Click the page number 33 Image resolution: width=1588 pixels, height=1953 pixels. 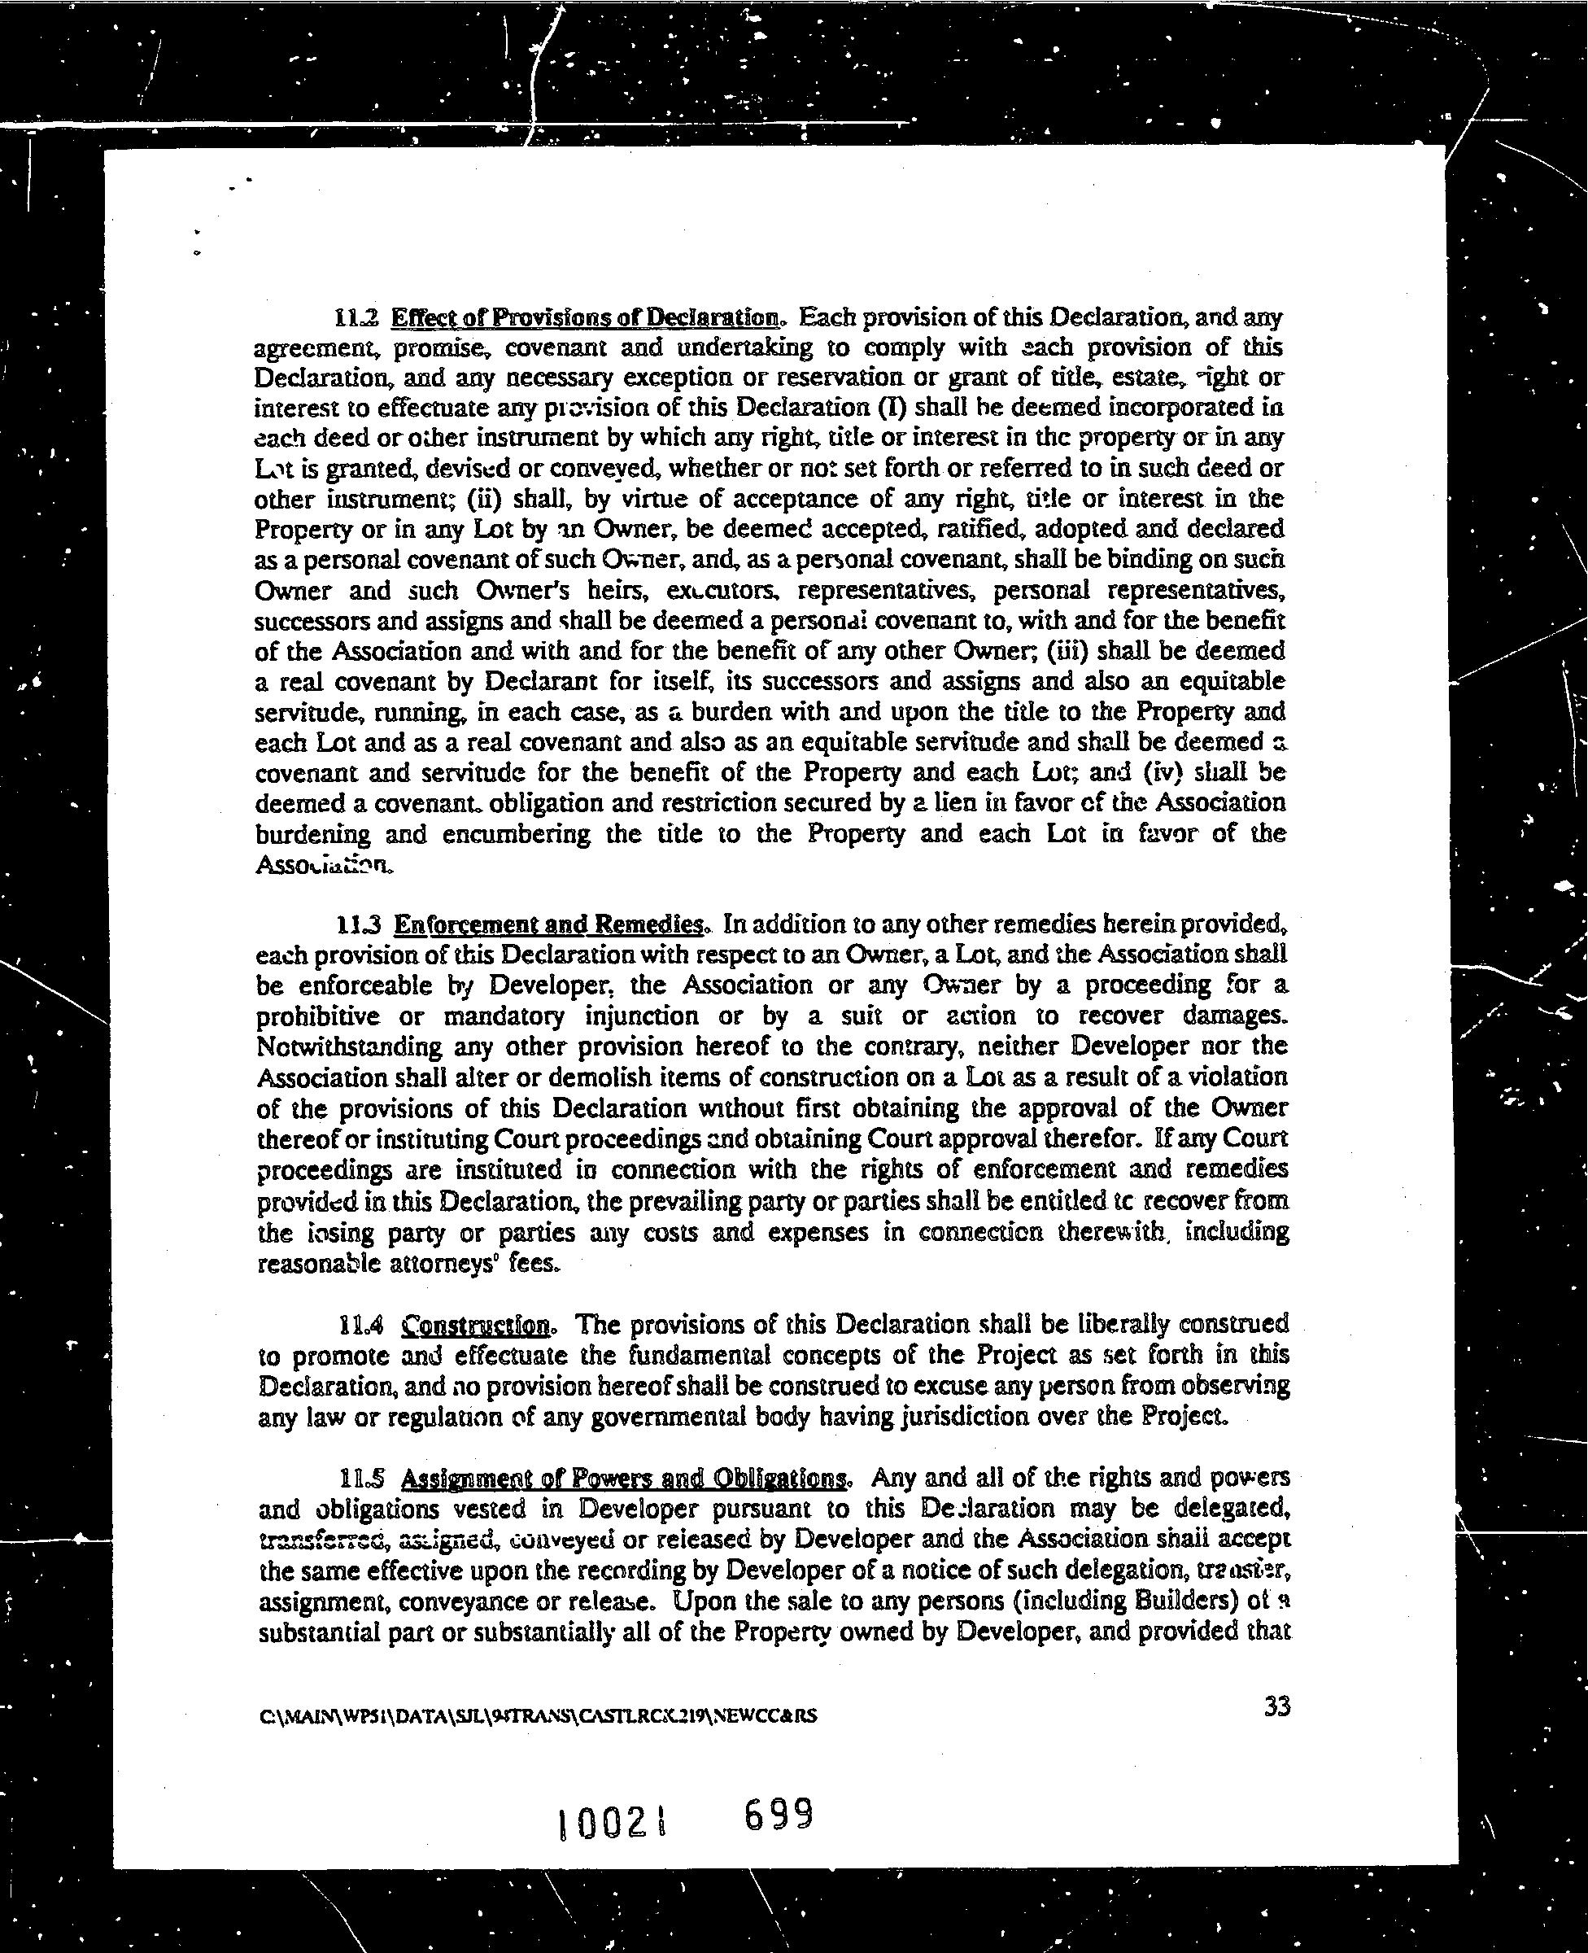pos(1276,1707)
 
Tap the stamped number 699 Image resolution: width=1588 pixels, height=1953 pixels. pos(779,1814)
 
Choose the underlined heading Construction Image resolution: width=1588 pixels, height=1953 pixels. pos(477,1325)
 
